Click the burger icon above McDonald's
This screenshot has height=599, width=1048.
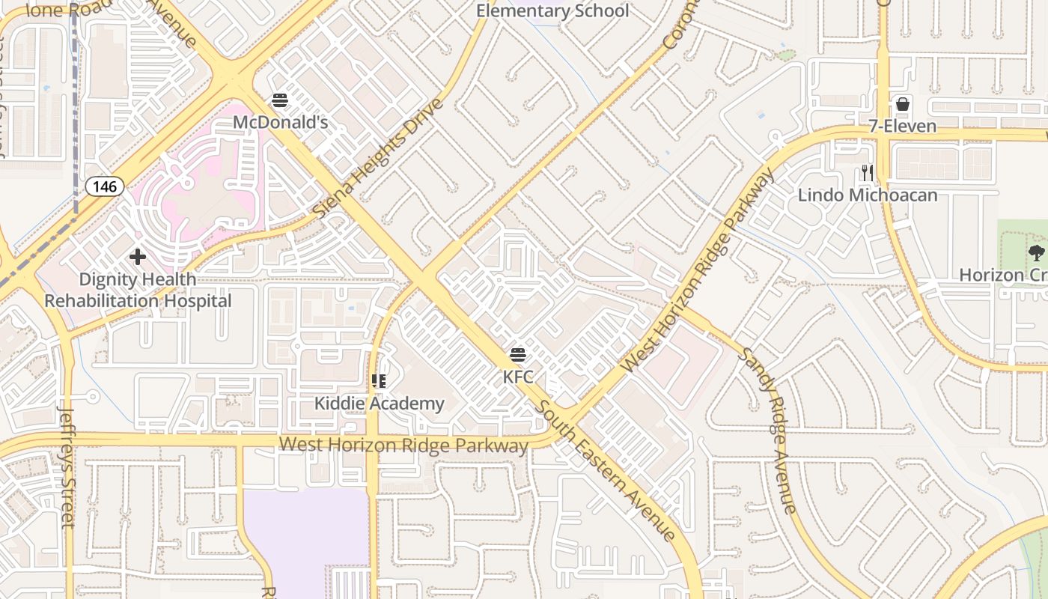pyautogui.click(x=280, y=100)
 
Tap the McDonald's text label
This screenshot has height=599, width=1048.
pyautogui.click(x=280, y=121)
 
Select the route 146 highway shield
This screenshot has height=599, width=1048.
pyautogui.click(x=104, y=186)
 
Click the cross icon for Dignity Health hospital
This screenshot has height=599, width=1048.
pyautogui.click(x=138, y=257)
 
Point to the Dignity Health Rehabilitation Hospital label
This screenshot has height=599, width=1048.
pyautogui.click(x=138, y=291)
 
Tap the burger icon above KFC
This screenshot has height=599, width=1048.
pyautogui.click(x=518, y=355)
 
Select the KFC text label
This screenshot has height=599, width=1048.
pyautogui.click(x=518, y=377)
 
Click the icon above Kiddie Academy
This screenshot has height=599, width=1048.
pyautogui.click(x=379, y=381)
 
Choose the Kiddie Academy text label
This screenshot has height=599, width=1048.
pyautogui.click(x=379, y=404)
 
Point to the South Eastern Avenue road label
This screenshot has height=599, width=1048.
pyautogui.click(x=607, y=469)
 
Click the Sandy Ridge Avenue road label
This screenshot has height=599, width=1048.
pyautogui.click(x=767, y=430)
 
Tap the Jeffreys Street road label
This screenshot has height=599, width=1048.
pyautogui.click(x=67, y=466)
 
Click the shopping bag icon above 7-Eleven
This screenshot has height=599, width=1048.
pyautogui.click(x=903, y=104)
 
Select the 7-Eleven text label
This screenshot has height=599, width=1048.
pyautogui.click(x=903, y=126)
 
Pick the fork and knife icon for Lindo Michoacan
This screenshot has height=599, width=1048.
pyautogui.click(x=867, y=174)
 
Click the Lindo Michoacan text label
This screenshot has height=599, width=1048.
pyautogui.click(x=867, y=195)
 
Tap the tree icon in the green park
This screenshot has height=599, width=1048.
pyautogui.click(x=1036, y=252)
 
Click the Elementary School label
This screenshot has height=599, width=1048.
pyautogui.click(x=552, y=11)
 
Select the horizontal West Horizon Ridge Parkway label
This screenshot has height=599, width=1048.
pyautogui.click(x=403, y=446)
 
